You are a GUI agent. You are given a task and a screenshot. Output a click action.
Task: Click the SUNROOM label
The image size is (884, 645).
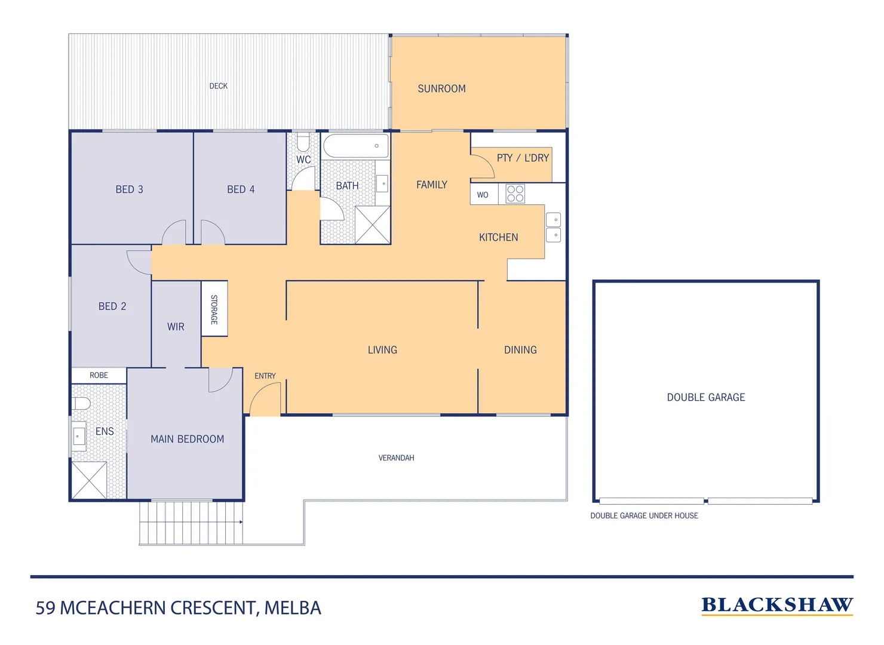coord(441,88)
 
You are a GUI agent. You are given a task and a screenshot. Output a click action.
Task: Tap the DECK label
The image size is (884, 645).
coord(218,86)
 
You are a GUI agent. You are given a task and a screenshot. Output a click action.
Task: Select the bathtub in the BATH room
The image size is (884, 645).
coord(355,146)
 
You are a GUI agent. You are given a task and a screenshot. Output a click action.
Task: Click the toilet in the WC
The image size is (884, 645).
coord(303,143)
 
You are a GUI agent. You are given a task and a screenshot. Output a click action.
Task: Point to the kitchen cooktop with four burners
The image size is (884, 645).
coord(515,194)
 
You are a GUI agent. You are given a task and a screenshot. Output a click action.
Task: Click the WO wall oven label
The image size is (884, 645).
coord(483,195)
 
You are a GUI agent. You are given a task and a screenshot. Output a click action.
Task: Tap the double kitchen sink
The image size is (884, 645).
coord(553,228)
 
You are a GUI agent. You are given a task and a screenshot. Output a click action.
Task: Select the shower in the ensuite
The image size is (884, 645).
coord(89,480)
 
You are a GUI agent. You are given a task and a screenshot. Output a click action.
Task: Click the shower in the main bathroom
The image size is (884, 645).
coord(372,225)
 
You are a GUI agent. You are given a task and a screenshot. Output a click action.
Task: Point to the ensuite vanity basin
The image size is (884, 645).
coord(79,436)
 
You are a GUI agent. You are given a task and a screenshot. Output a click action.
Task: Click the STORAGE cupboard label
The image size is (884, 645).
coord(214,309)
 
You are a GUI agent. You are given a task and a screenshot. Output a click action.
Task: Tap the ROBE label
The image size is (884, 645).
coord(99,375)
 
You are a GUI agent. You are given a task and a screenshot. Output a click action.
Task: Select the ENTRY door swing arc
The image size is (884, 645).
coord(265,398)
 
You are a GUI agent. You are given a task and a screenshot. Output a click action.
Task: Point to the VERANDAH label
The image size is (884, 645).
coord(396,458)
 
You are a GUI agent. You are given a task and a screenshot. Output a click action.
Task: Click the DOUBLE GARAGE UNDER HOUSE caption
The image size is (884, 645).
coord(644,515)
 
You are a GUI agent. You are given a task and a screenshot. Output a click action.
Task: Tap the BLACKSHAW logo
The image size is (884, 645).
coord(776,605)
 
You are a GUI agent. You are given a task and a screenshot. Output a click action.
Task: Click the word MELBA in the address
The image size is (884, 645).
coord(293,608)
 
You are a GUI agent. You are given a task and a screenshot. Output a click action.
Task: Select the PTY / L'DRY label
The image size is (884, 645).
coord(523,158)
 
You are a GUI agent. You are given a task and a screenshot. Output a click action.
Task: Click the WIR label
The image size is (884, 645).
coord(176,327)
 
